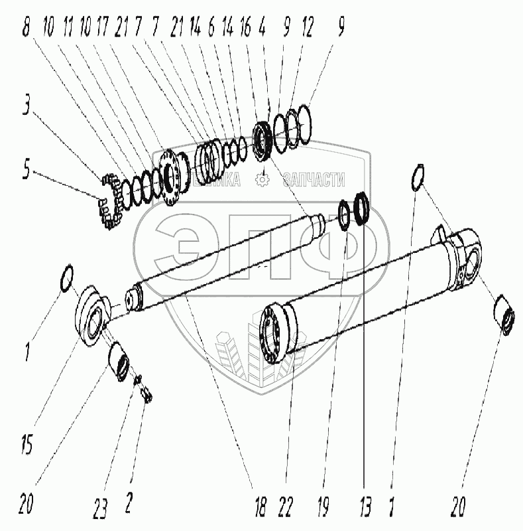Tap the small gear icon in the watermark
262,179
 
